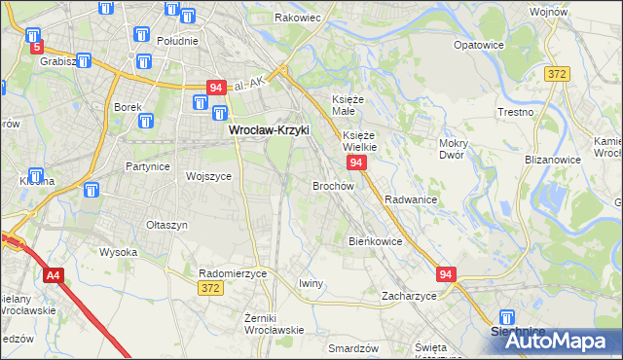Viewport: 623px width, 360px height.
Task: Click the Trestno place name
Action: click(x=515, y=112)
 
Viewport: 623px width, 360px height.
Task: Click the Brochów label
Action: click(x=333, y=185)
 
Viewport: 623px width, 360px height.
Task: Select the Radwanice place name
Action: click(x=410, y=198)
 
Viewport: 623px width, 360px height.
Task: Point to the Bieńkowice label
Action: click(x=375, y=240)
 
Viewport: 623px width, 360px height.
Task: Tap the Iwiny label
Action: click(x=311, y=283)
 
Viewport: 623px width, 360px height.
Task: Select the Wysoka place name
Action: click(x=119, y=252)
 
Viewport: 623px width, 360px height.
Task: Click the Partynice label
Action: click(x=148, y=166)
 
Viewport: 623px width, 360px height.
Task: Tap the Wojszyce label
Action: click(x=207, y=176)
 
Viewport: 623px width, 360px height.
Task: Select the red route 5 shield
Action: click(x=37, y=46)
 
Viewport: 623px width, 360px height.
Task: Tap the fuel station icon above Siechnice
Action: click(x=506, y=316)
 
